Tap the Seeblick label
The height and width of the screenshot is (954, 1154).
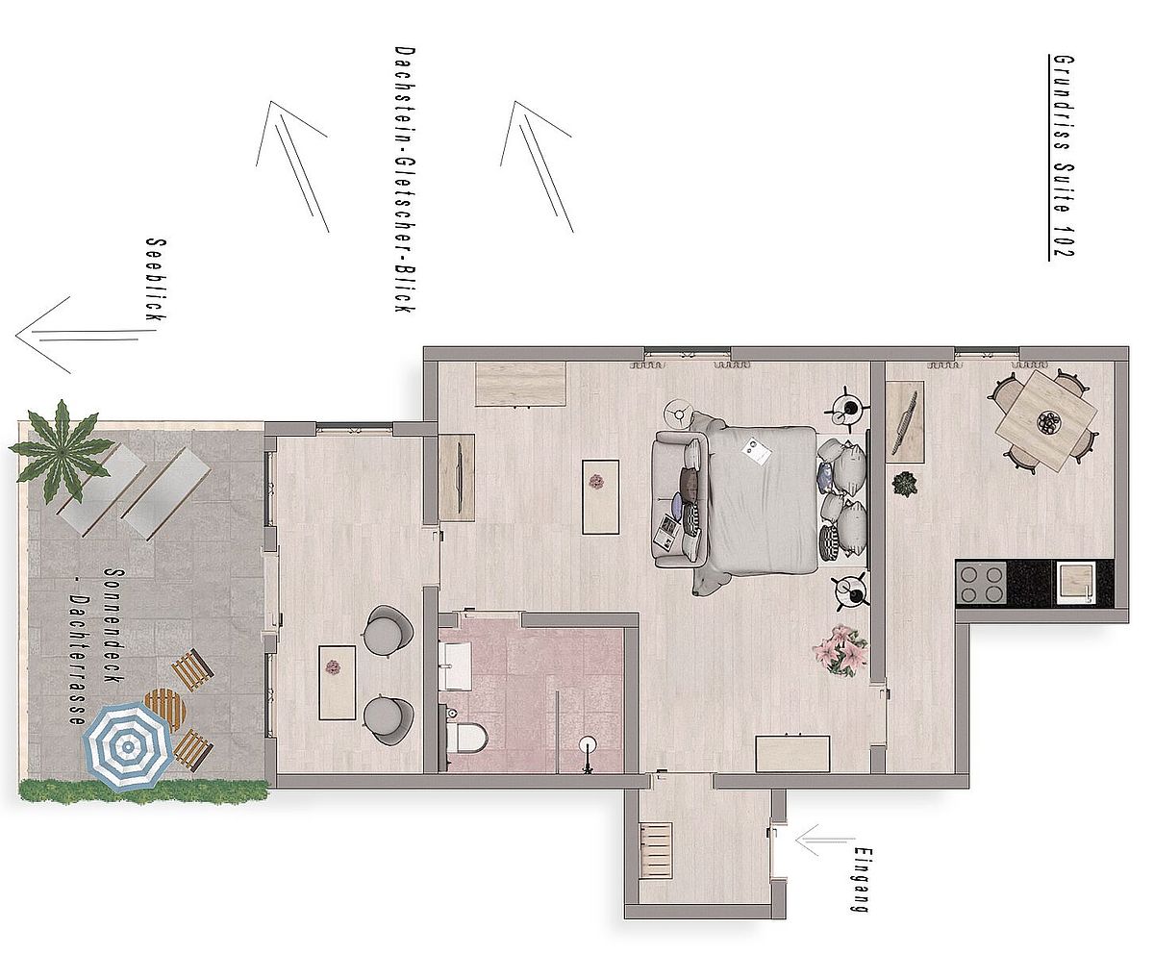pos(156,280)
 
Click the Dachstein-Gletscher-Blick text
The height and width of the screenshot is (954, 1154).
pos(405,180)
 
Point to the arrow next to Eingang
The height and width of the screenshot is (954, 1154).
pos(824,841)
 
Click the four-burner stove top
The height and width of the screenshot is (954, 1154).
pos(982,584)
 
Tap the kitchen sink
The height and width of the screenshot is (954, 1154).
pos(1075,583)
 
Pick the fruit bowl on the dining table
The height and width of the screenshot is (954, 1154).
pos(1049,422)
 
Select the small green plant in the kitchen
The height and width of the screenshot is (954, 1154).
pos(905,484)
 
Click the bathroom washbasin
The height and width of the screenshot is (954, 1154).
pos(456,666)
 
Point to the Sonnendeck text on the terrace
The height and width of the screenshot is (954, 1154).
pos(113,625)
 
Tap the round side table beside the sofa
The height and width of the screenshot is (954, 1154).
pos(679,413)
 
